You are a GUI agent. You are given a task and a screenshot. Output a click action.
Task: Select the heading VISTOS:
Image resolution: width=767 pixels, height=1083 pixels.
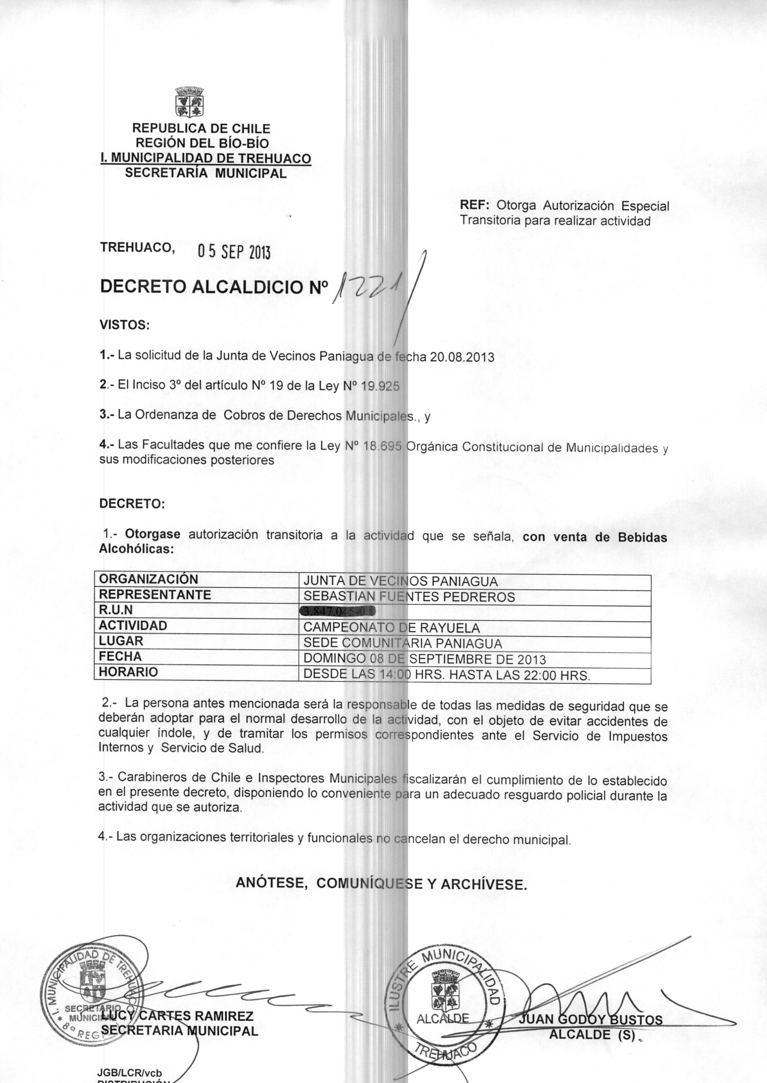point(124,325)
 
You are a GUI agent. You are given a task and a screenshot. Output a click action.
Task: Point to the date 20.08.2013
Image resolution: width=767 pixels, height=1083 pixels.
point(461,357)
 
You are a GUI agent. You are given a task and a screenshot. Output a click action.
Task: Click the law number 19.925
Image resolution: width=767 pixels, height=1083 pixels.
point(380,386)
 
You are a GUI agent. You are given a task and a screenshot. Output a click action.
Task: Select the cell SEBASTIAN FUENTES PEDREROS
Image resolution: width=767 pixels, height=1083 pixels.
point(409,597)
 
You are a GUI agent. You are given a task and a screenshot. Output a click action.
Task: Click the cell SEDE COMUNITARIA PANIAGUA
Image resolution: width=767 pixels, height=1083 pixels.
point(402,643)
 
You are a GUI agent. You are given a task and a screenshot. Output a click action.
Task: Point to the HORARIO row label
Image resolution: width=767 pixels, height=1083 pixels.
point(128,672)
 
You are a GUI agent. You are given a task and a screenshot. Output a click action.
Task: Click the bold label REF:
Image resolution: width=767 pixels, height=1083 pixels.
point(476,206)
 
